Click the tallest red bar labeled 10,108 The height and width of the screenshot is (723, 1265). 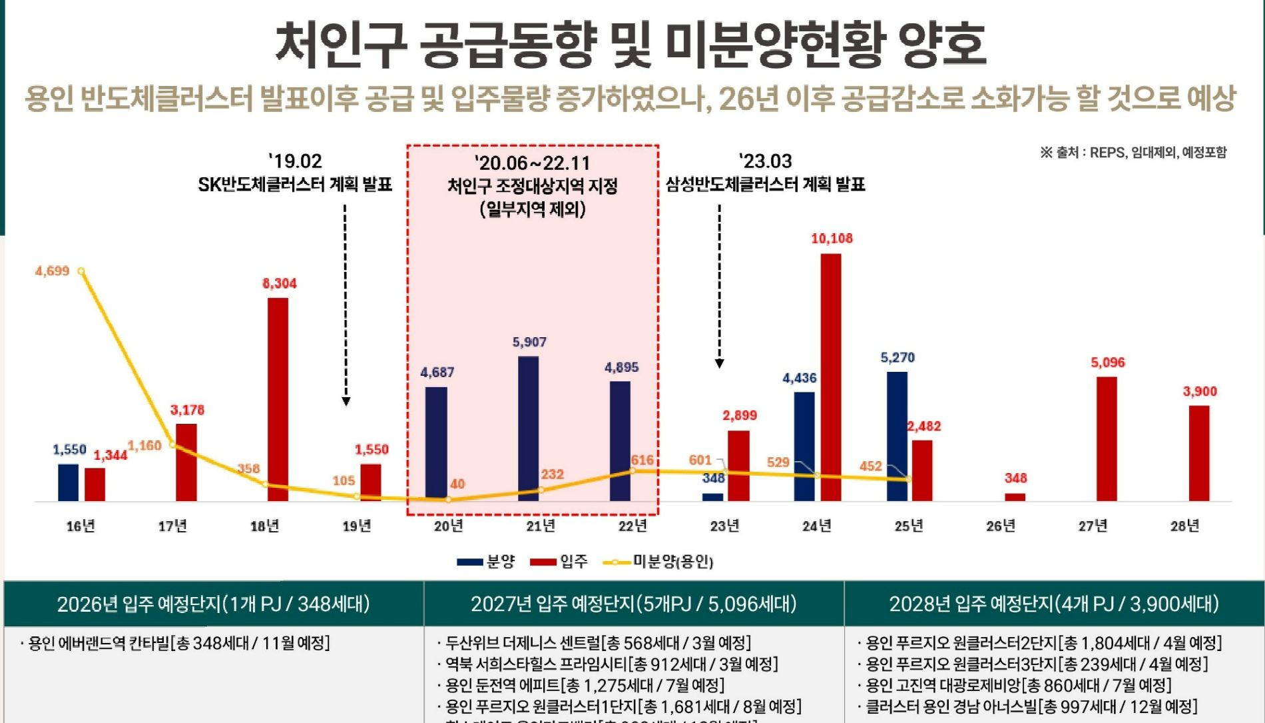[830, 376]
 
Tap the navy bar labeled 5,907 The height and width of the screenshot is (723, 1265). [529, 428]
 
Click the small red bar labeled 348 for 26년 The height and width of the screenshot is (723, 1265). [1015, 496]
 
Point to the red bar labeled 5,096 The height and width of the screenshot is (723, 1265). [1107, 438]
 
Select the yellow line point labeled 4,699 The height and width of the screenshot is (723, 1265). [81, 271]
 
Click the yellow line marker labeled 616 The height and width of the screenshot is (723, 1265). [632, 470]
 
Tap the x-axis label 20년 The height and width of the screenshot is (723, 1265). [449, 526]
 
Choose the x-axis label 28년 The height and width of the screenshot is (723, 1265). [1184, 526]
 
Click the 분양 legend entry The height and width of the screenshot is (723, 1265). [487, 562]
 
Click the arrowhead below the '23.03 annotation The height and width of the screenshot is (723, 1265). [719, 363]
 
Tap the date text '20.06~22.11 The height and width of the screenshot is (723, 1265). [532, 163]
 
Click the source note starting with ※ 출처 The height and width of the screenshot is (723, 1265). [1133, 153]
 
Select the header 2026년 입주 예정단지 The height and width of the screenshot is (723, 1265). [213, 604]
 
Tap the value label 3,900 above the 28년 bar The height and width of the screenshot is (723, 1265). [1199, 391]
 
